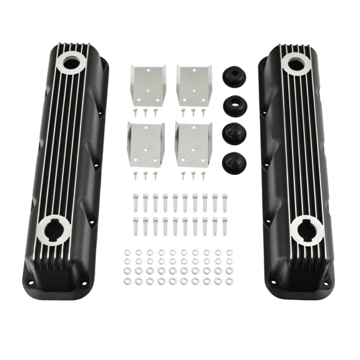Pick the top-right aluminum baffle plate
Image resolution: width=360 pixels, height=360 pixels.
(194, 84)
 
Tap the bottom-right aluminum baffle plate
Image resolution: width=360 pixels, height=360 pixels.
(194, 143)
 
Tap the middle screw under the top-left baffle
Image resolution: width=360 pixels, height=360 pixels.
(146, 113)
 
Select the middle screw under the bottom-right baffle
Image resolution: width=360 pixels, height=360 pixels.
(193, 172)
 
